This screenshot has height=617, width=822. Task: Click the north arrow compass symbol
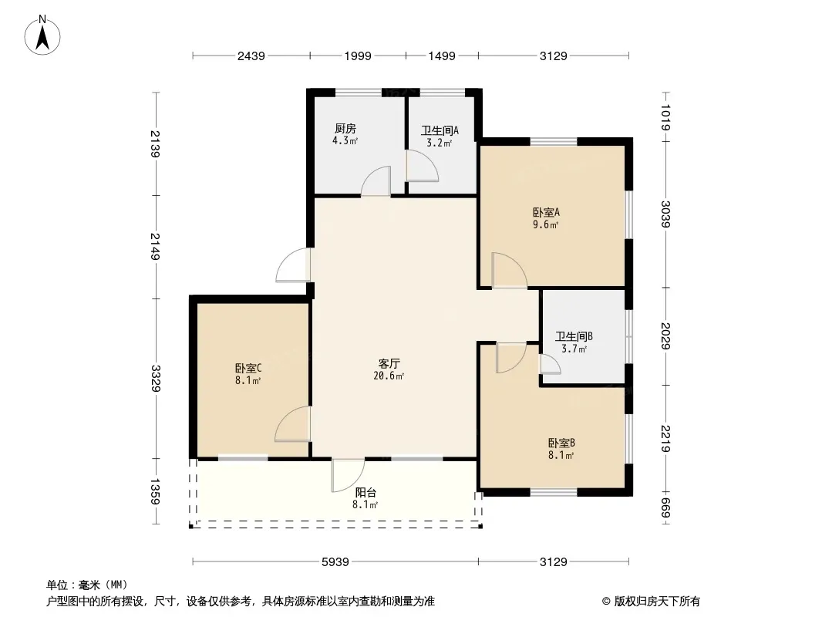[42, 35]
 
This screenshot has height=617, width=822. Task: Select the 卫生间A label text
[440, 130]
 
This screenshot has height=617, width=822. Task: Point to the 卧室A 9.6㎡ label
[546, 218]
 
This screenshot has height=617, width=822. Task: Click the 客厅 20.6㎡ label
[389, 369]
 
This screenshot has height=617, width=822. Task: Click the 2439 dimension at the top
[251, 56]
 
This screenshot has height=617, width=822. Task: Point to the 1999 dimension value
[358, 56]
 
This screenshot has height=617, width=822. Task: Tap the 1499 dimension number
[441, 56]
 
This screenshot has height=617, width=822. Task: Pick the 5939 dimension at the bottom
[335, 562]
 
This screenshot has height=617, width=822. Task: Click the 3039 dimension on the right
[665, 214]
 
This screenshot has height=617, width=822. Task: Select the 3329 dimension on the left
[155, 378]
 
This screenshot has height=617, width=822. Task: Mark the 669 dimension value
[665, 507]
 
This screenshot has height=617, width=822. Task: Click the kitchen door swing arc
[376, 180]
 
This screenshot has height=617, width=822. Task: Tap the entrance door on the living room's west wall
[293, 265]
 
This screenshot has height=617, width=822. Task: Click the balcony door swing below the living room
[348, 476]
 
